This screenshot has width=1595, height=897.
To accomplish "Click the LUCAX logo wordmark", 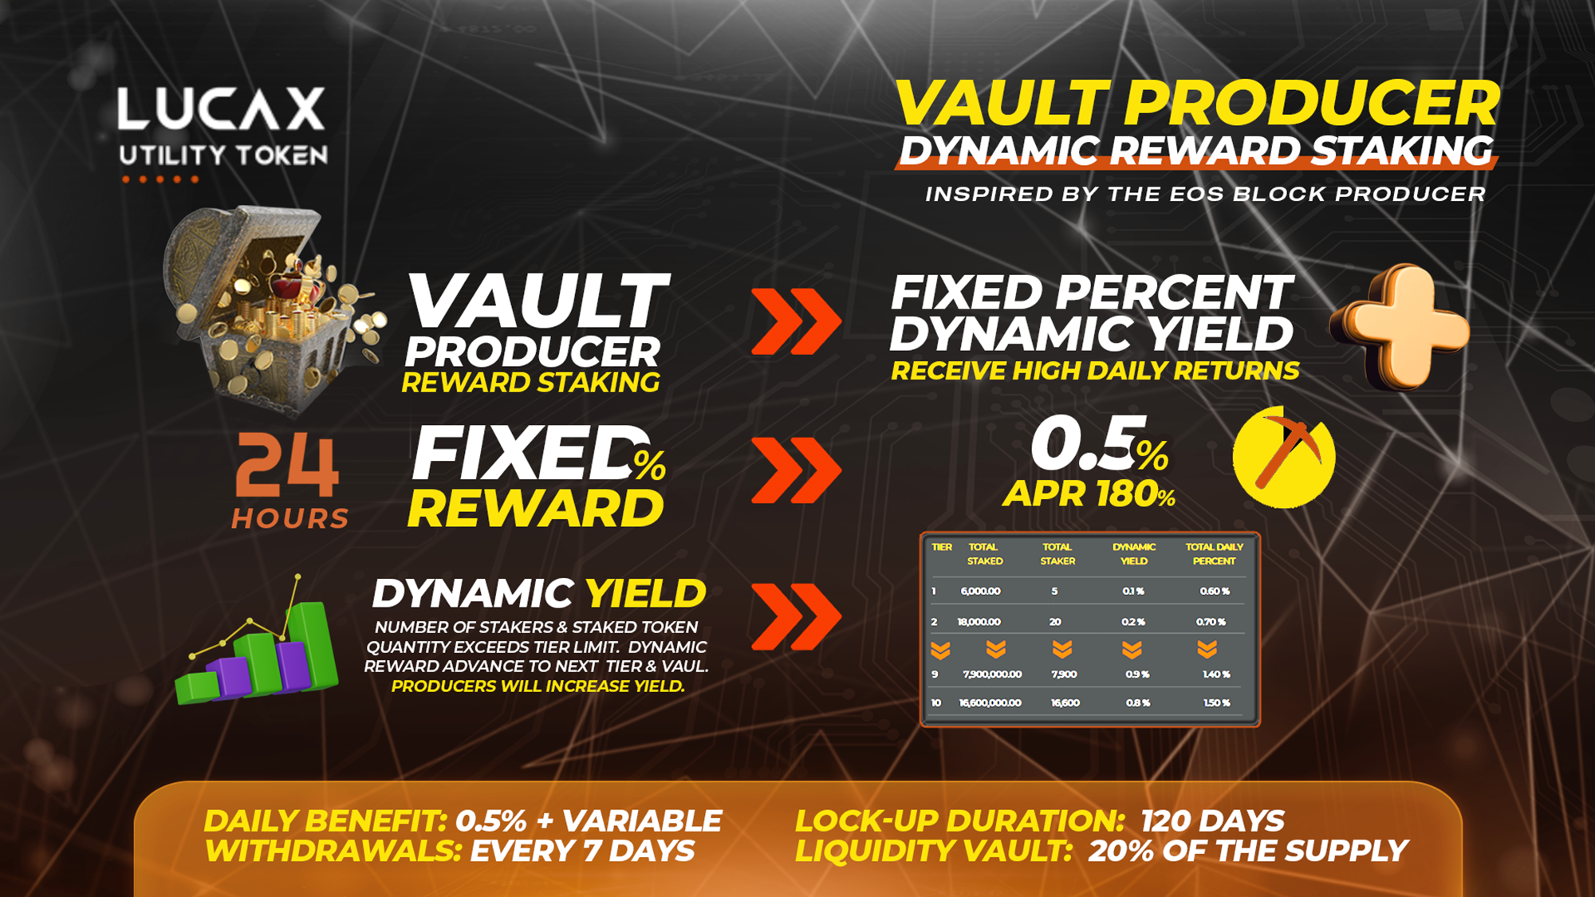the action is (x=221, y=108).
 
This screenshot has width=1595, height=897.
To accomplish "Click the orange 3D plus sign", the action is (x=1400, y=327).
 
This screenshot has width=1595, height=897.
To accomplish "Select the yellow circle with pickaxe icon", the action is (x=1284, y=457).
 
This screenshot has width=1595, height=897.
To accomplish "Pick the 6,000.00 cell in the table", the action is (x=980, y=591).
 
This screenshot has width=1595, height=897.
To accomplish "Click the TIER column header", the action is (x=942, y=547).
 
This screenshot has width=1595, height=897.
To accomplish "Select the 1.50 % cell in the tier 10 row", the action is (x=1216, y=702).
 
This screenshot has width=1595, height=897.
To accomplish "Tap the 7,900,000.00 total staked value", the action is (x=992, y=674).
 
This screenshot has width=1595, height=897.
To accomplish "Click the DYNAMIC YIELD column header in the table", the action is (x=1134, y=554).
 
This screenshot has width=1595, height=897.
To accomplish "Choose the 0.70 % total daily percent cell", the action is (x=1211, y=621).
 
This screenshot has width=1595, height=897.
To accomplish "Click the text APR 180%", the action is (x=1089, y=494).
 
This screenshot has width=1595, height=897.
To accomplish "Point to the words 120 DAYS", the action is (x=1212, y=820).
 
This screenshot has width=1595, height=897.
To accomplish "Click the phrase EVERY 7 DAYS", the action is (x=582, y=851).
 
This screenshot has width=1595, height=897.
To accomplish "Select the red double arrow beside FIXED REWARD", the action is (x=796, y=470).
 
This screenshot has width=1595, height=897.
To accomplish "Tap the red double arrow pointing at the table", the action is (x=796, y=616).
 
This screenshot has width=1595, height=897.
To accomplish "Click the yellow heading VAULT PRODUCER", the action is (x=1198, y=104).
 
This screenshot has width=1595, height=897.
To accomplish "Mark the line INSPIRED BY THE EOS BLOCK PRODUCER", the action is (x=1205, y=194).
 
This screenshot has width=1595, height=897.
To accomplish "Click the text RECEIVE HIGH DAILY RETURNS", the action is (x=1095, y=371).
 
